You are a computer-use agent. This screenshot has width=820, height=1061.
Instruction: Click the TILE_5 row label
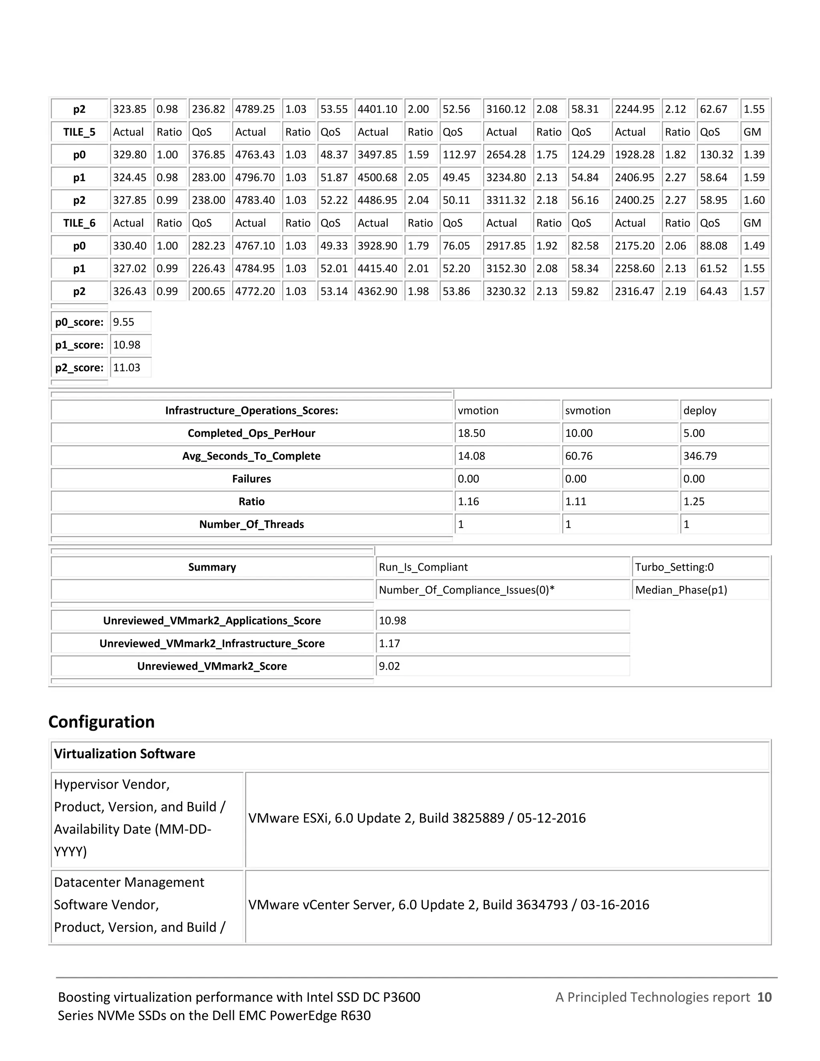pyautogui.click(x=79, y=132)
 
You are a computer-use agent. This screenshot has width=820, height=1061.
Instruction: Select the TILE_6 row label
pyautogui.click(x=79, y=223)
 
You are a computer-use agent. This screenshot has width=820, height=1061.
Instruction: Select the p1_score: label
pyautogui.click(x=79, y=345)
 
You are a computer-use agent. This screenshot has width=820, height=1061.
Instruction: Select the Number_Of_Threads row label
pyautogui.click(x=251, y=524)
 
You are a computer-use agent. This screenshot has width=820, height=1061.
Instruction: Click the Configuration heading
pyautogui.click(x=102, y=722)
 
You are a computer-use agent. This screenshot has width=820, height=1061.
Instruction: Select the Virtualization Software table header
pyautogui.click(x=125, y=754)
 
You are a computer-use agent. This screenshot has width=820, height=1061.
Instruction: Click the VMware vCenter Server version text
pyautogui.click(x=448, y=904)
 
